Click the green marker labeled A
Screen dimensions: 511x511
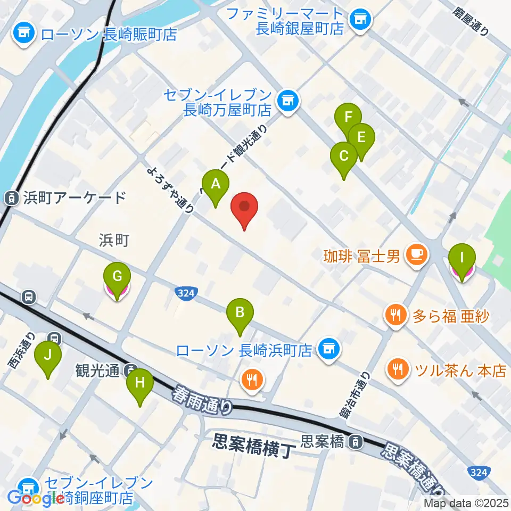point(216,184)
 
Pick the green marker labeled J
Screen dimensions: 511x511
point(48,356)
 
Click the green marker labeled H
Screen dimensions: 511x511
point(140,383)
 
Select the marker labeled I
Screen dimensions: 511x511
point(461,259)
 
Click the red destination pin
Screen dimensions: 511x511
point(244,208)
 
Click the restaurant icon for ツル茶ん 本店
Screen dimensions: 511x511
point(397,369)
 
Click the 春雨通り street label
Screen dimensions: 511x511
point(203,400)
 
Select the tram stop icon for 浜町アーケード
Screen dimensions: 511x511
point(11,198)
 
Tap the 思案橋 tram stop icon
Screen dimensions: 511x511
point(354,441)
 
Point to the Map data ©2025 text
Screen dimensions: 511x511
point(465,502)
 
